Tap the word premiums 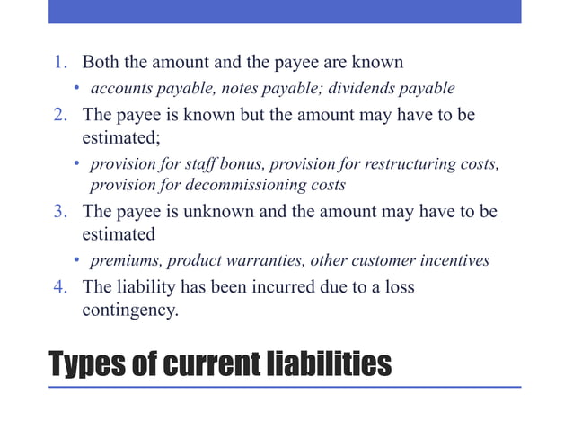click(x=126, y=261)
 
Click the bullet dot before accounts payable click(x=77, y=89)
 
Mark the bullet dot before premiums click(x=77, y=261)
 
